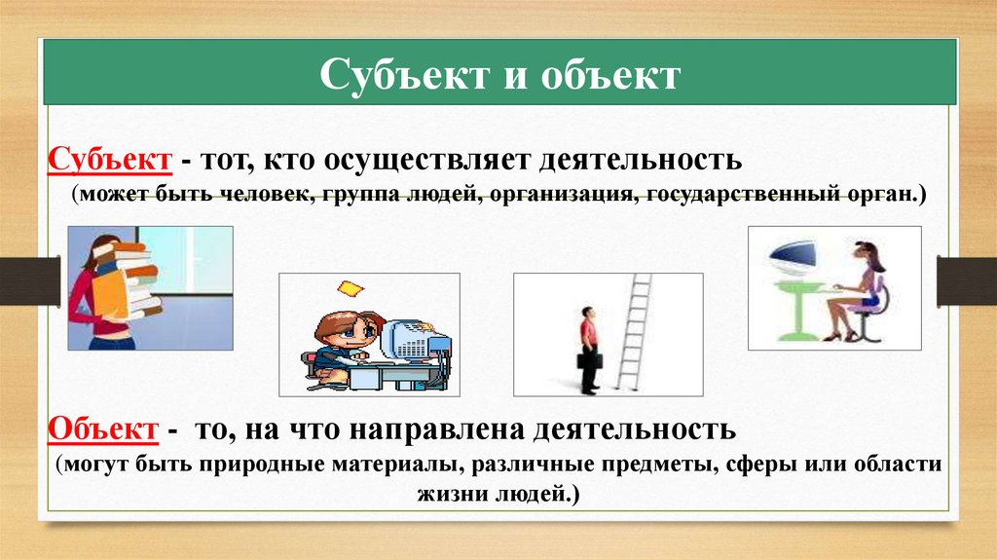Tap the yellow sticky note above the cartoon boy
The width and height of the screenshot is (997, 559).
pyautogui.click(x=348, y=287)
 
